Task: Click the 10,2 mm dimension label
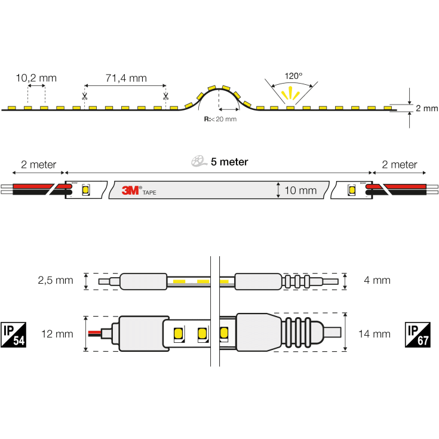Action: (x=36, y=78)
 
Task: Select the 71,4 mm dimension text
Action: (x=125, y=78)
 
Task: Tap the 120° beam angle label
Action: (x=293, y=76)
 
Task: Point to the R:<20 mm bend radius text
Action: (x=220, y=119)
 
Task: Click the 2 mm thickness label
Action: (x=426, y=108)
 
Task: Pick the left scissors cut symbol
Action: (x=85, y=96)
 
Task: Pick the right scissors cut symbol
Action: (x=165, y=96)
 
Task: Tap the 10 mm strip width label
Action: (x=300, y=191)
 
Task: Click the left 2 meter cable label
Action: (x=38, y=165)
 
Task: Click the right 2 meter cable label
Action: (x=400, y=165)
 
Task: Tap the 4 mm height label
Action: (x=376, y=280)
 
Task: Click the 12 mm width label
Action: (x=57, y=334)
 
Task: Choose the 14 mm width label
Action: (x=376, y=334)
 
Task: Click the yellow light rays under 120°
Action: (x=291, y=93)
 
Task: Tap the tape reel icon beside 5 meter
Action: (x=198, y=161)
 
